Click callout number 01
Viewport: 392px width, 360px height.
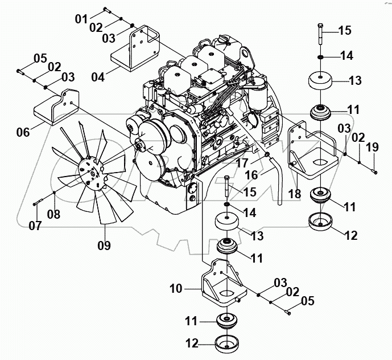[x=81, y=19]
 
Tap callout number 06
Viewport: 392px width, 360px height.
[x=23, y=132]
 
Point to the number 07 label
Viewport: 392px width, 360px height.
[x=36, y=225]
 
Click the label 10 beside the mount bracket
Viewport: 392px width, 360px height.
[x=175, y=289]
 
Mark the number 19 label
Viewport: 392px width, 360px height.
[x=372, y=147]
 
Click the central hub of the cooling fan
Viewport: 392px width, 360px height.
[x=91, y=172]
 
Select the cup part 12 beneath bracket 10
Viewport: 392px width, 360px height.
[x=228, y=344]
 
